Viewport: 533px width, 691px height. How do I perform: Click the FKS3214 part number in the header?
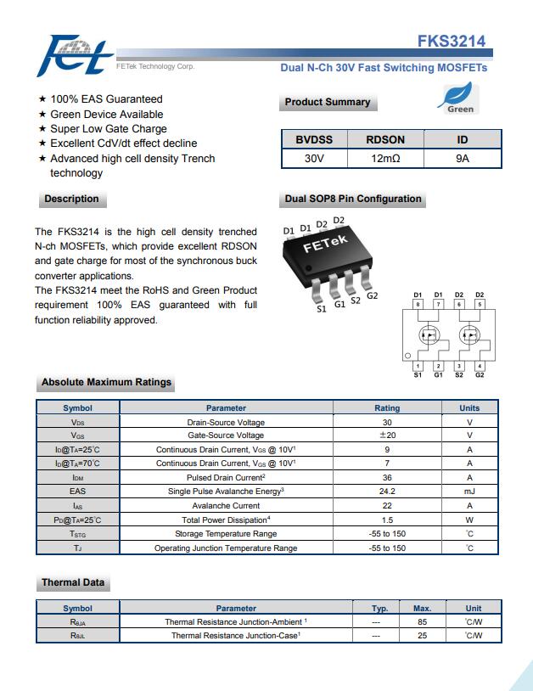click(x=451, y=42)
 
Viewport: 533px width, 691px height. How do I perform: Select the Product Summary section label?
click(x=327, y=103)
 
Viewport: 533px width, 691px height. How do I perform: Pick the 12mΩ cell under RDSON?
click(x=385, y=159)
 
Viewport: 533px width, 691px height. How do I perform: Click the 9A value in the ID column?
click(x=463, y=159)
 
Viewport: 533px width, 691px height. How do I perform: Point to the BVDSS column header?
click(x=314, y=140)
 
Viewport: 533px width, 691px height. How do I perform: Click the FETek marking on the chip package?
click(x=326, y=244)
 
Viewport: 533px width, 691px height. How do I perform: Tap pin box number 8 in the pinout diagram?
click(x=418, y=303)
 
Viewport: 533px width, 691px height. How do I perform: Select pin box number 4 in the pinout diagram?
click(x=480, y=366)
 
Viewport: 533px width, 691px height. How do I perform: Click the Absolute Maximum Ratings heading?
click(x=106, y=383)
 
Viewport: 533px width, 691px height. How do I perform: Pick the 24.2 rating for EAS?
click(x=387, y=491)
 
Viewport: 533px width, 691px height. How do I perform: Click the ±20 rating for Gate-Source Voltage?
click(x=387, y=435)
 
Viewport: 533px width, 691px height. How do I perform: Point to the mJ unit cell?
click(x=469, y=491)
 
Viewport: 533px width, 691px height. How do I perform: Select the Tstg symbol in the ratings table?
click(x=77, y=534)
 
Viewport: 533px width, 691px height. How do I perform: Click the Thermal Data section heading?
click(x=73, y=583)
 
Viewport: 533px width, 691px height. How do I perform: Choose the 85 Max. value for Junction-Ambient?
click(x=422, y=621)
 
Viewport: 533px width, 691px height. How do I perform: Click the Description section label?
click(x=71, y=199)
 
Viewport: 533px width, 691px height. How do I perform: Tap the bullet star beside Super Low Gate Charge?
click(x=42, y=129)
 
